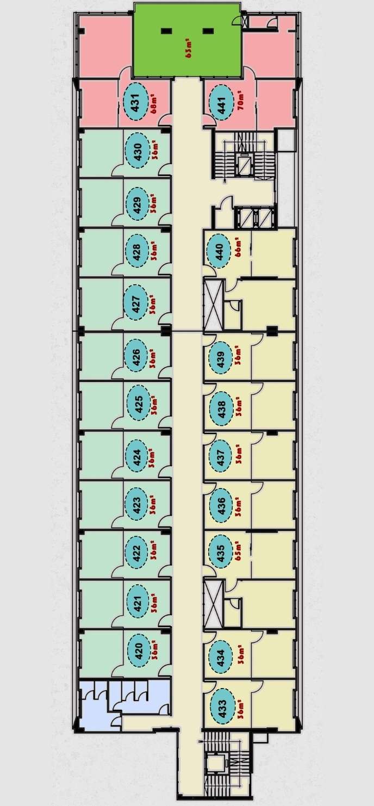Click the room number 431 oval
click(136, 102)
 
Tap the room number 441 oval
click(221, 102)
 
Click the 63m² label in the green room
click(188, 48)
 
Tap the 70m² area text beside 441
click(240, 101)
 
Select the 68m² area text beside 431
click(154, 102)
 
